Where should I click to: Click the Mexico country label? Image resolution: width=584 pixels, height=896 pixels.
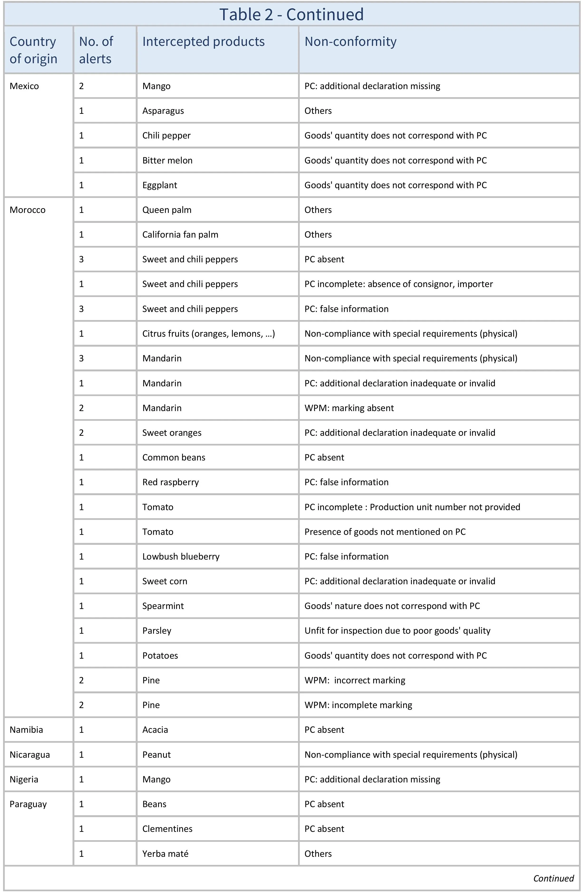pos(24,86)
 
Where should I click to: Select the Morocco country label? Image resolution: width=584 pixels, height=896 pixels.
pos(28,210)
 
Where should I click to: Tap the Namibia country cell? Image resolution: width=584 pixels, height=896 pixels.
pos(26,730)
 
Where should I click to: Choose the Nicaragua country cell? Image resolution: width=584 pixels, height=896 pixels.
pos(30,754)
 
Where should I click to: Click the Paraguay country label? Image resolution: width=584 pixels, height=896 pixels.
pos(28,804)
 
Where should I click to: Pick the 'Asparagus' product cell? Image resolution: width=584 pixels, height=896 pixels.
pos(163,111)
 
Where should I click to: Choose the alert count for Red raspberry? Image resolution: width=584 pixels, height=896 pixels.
pos(81,482)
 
